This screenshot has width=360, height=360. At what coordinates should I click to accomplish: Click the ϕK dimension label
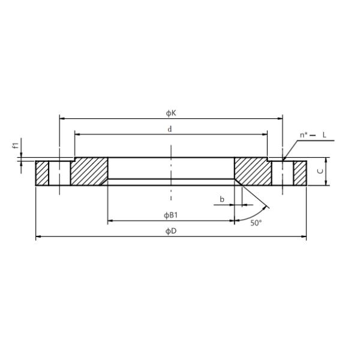(171, 113)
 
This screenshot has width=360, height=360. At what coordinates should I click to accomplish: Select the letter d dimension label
(169, 129)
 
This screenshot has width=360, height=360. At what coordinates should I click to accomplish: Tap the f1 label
(16, 145)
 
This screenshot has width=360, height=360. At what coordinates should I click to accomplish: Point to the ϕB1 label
(170, 215)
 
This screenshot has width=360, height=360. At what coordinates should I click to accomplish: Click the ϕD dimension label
(171, 231)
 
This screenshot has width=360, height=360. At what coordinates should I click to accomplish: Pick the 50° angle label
(256, 223)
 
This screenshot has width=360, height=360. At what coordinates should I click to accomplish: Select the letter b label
(222, 199)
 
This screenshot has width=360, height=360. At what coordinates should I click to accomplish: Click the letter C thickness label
(320, 171)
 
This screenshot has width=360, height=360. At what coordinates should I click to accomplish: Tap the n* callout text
(304, 135)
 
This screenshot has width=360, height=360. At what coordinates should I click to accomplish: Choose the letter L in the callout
(324, 135)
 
